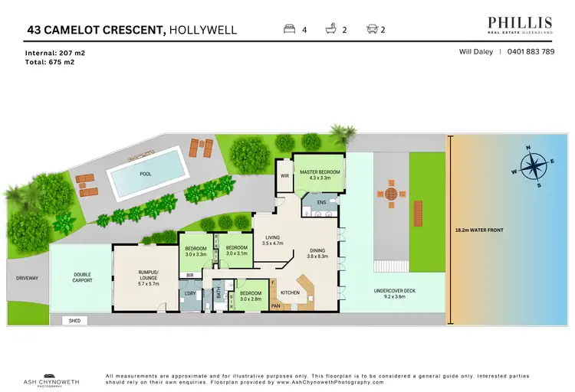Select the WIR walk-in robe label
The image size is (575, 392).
pyautogui.click(x=284, y=176)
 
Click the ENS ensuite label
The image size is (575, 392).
pyautogui.click(x=321, y=203)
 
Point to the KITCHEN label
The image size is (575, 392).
pyautogui.click(x=290, y=293)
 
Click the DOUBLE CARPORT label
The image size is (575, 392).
pyautogui.click(x=82, y=277)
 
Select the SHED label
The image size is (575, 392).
pyautogui.click(x=75, y=321)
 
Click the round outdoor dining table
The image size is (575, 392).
pyautogui.click(x=392, y=194)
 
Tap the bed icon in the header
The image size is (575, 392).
pyautogui.click(x=290, y=30)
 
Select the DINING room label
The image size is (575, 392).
pyautogui.click(x=317, y=253)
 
